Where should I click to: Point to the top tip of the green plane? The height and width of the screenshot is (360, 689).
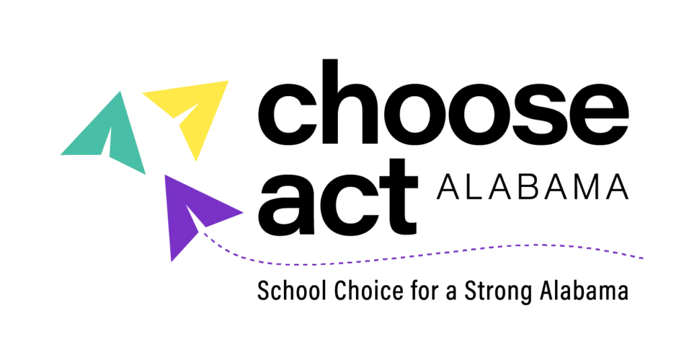[121, 89]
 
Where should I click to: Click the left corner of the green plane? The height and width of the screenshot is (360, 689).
[61, 153]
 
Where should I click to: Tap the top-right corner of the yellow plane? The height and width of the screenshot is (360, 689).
[229, 79]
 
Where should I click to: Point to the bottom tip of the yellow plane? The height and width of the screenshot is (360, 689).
[196, 164]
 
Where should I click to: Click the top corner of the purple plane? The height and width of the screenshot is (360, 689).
[164, 175]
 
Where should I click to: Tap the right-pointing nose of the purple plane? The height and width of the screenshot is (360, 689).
[245, 213]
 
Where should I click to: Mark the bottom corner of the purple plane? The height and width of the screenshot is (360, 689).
[171, 262]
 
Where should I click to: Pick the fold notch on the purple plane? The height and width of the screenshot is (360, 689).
[195, 222]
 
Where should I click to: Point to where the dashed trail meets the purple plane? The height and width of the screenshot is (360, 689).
[205, 235]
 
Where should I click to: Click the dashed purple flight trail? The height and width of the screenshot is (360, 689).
[404, 256]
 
